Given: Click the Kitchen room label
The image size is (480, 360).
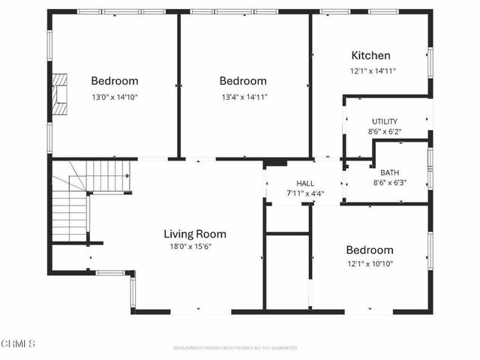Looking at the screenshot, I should coord(370,55).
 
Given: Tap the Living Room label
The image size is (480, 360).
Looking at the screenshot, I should coord(195,234).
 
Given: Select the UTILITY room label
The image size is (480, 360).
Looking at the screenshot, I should coord(385,121).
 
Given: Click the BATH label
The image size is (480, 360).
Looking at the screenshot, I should coord(389,172).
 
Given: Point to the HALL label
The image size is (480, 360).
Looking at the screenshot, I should coord(305,183).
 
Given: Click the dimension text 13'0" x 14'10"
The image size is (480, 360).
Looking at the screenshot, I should coord(115,97).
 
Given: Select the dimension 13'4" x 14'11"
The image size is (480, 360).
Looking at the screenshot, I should coord(243,97).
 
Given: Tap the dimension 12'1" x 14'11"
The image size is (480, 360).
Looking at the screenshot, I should coord(373,71).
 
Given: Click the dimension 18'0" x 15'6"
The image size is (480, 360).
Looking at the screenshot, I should coord(190,247).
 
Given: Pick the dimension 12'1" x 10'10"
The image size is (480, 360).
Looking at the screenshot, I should coord(369,263).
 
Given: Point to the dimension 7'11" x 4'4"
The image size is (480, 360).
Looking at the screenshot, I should coord(305,193).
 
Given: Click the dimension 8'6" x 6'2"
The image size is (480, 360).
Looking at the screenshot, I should coord(385,132).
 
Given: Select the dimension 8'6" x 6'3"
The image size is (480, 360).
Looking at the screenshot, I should coord(389,182).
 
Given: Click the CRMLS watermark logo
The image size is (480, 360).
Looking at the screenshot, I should coord(19,344).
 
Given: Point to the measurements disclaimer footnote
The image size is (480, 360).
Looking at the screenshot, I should coord(235,348).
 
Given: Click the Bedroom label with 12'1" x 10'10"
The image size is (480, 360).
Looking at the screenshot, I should coord(369,250).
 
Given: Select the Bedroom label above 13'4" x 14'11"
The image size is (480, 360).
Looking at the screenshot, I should coord(242,81).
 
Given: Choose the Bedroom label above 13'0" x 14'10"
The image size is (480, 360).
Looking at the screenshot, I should coord(115,81).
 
